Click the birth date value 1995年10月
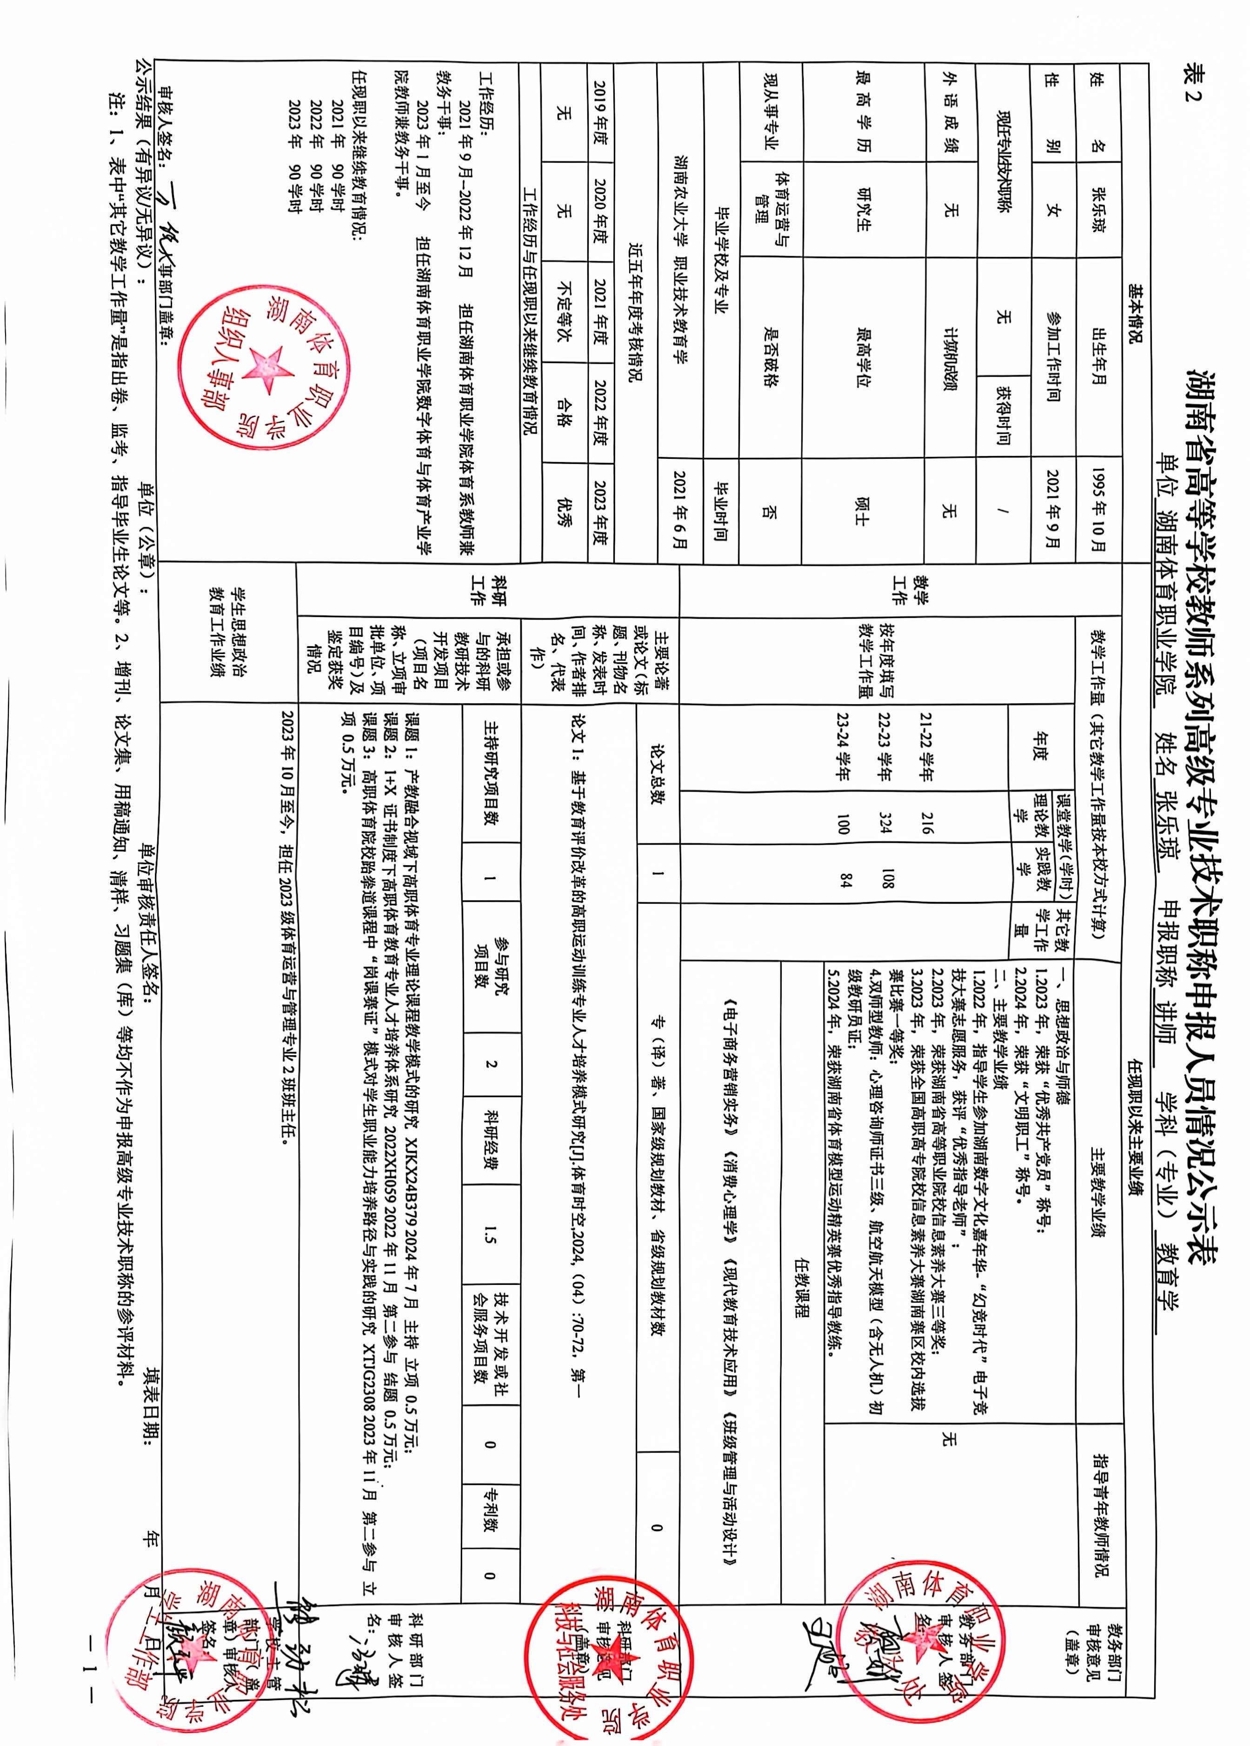1097,508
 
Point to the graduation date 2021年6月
679,509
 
